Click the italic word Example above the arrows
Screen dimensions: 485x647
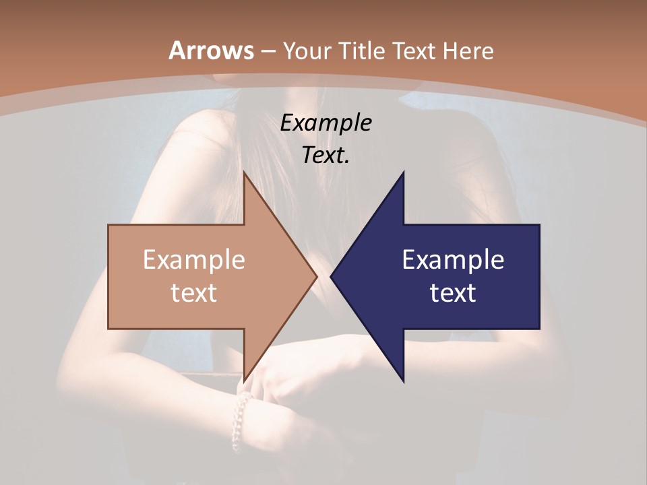coord(326,123)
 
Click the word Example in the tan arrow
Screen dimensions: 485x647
coord(194,260)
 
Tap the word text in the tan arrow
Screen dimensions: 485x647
coord(194,293)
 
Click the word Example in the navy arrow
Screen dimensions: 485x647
coord(453,260)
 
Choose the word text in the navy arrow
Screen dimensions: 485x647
coord(453,293)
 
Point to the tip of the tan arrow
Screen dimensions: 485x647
coord(317,276)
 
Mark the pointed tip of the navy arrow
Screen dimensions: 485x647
coord(331,276)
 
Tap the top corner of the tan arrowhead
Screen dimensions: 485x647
coord(244,172)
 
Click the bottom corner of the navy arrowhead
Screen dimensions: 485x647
coord(404,381)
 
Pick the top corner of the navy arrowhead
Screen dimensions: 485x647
coord(404,172)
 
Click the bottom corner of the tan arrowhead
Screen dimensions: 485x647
coord(244,380)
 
